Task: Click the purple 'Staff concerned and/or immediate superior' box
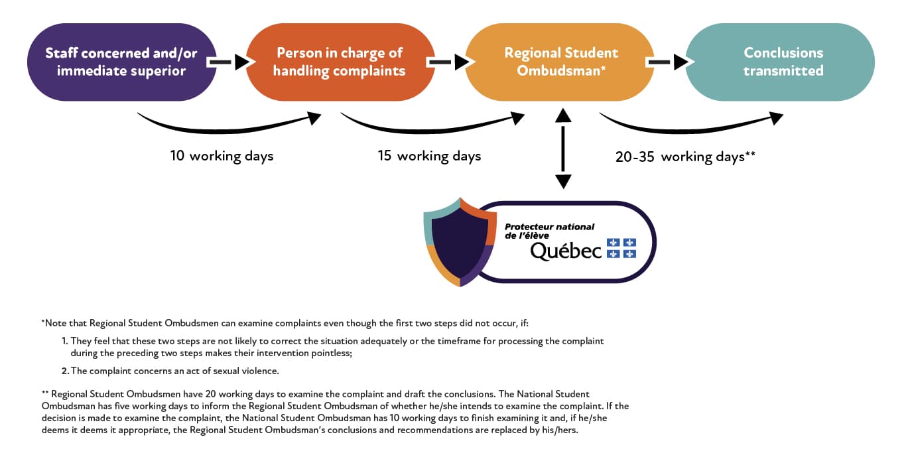[121, 62]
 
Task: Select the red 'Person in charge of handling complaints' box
[340, 62]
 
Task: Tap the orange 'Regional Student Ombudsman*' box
[560, 62]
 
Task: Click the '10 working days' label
[222, 157]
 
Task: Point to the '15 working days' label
[429, 157]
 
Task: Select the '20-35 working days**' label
[685, 157]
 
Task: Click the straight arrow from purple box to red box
[228, 62]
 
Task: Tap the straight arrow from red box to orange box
[448, 62]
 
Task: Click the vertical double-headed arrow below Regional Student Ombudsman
[562, 148]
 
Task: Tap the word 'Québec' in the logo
[566, 251]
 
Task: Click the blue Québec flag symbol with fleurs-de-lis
[621, 248]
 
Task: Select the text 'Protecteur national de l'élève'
[549, 231]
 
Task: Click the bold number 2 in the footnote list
[65, 371]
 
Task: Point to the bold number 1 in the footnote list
[65, 341]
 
